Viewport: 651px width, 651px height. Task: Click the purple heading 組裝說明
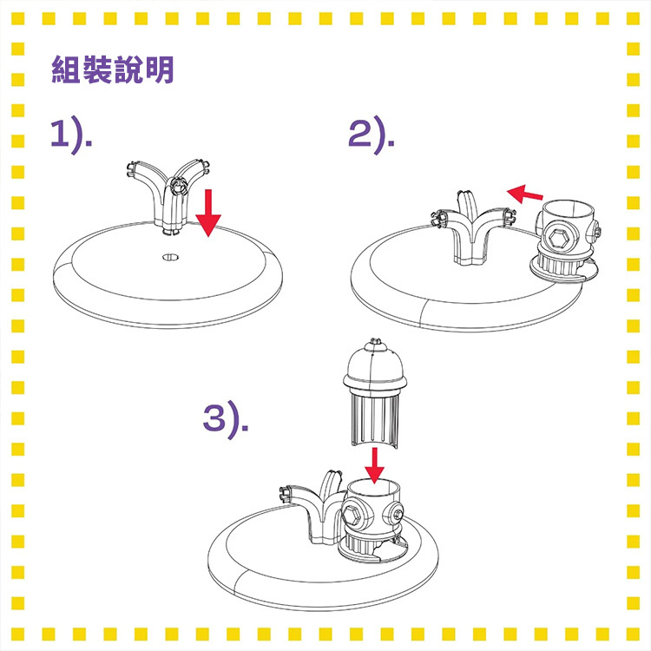113,69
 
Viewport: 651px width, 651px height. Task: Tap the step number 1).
71,134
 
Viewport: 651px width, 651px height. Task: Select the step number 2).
372,134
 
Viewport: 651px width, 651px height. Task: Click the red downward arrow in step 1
208,213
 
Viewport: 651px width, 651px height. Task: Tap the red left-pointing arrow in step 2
525,194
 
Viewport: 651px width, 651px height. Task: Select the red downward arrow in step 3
374,465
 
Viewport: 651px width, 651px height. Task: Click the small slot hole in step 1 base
170,258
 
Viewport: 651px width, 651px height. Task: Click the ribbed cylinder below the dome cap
374,420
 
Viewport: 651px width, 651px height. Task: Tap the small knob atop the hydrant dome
375,342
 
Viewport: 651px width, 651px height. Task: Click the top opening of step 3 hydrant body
373,487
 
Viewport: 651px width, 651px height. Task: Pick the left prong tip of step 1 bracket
131,168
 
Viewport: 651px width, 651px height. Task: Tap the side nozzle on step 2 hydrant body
594,231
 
